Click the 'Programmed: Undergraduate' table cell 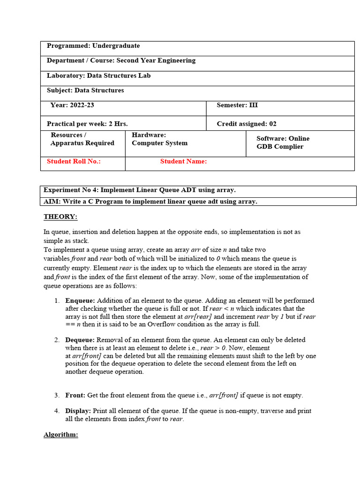[93, 46]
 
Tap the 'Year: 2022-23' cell [72, 105]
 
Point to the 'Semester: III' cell [237, 105]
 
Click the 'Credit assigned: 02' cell [247, 124]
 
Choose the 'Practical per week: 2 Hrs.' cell [87, 124]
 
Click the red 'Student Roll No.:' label [74, 161]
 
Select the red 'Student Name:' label [183, 161]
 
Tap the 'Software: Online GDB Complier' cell [283, 142]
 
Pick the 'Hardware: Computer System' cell [159, 139]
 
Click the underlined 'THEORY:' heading [60, 217]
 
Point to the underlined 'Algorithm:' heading [61, 435]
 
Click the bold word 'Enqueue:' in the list [80, 300]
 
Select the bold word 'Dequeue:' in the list [80, 340]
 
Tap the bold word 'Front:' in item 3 [75, 395]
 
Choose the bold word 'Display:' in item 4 [78, 411]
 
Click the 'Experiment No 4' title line [140, 190]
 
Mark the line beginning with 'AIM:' [150, 202]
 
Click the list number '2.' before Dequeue [57, 340]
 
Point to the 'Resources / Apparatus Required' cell [82, 139]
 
